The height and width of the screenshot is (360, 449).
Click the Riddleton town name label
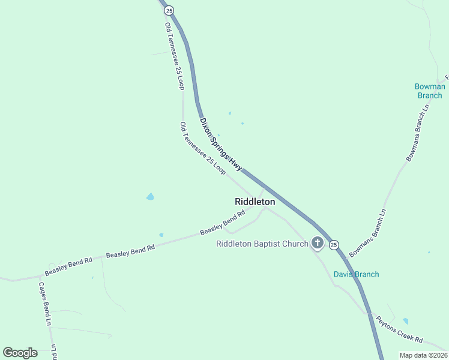(x=255, y=202)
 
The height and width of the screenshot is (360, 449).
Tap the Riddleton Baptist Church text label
(x=262, y=244)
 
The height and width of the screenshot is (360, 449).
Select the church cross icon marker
(x=317, y=243)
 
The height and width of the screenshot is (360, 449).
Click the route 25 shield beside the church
(x=334, y=245)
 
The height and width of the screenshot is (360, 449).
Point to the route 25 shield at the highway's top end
(x=169, y=10)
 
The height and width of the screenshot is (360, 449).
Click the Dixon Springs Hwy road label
(x=221, y=144)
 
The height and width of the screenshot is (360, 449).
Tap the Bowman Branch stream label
(x=430, y=91)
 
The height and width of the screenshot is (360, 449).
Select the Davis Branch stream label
(x=357, y=274)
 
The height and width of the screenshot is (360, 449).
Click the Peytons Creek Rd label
(x=400, y=328)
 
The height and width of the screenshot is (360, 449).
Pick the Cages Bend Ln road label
(x=45, y=304)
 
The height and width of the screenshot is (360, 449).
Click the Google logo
(x=20, y=353)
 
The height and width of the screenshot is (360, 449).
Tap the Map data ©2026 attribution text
(x=423, y=355)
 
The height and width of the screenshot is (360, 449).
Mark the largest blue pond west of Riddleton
(x=150, y=196)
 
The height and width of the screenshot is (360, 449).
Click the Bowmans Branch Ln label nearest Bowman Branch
(x=419, y=132)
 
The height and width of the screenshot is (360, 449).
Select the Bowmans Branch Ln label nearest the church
(x=367, y=233)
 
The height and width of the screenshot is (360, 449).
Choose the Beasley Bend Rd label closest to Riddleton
(x=223, y=222)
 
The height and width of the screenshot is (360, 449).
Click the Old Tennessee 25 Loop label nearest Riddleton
(x=203, y=148)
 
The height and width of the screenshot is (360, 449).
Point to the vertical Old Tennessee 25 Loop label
(x=174, y=56)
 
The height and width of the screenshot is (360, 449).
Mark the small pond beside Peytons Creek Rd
(x=406, y=321)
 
